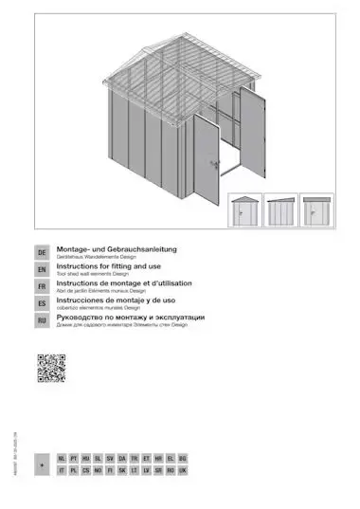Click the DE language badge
42,254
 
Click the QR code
51,368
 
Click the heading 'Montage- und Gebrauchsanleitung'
117,249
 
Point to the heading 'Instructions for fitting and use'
110,266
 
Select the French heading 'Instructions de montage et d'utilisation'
125,283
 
